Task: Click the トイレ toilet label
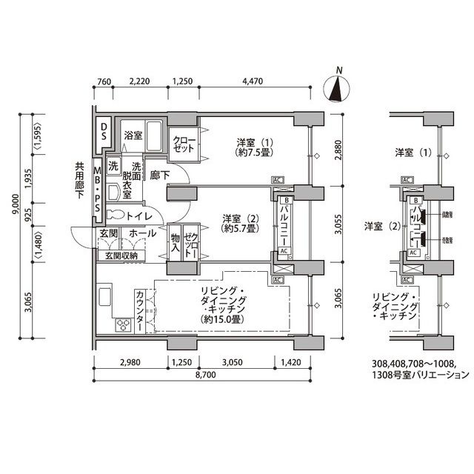tap(139, 216)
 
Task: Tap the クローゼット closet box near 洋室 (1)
tap(184, 144)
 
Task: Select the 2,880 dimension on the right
tap(338, 153)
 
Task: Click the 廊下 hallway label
tap(160, 175)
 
